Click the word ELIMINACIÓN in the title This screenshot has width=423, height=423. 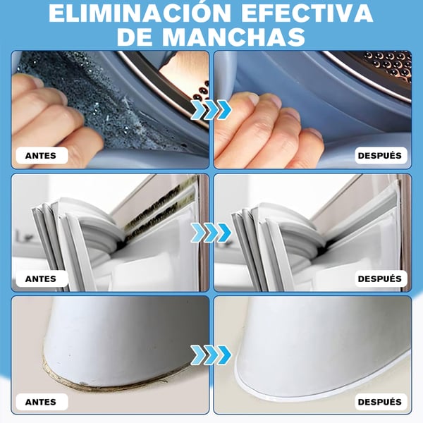(139, 13)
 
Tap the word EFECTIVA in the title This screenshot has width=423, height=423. (307, 13)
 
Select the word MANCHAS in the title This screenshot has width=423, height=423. (233, 36)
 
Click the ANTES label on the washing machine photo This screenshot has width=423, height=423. (41, 156)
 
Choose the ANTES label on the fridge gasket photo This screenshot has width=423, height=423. (41, 278)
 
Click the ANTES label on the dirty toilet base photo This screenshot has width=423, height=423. (41, 402)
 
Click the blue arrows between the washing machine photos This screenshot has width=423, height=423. (211, 109)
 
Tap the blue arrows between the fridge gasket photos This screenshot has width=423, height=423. (211, 233)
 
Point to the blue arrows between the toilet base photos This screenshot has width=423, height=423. (211, 355)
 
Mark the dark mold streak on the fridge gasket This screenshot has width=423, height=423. (159, 209)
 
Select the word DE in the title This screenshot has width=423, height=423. (135, 36)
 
